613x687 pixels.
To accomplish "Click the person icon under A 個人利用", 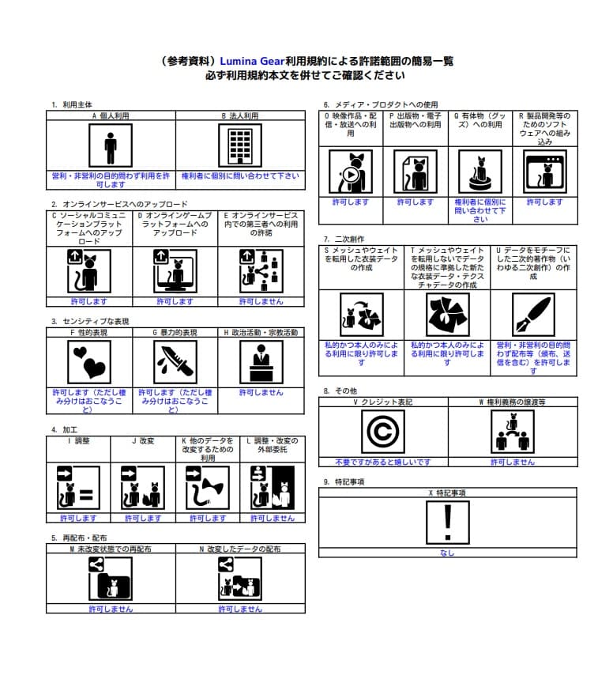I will pos(111,145).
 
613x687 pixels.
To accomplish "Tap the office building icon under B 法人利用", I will pos(239,145).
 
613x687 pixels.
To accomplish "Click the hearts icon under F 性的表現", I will pos(89,362).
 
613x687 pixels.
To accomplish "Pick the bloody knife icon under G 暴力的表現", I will pos(175,362).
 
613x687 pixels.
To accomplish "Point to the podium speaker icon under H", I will pos(261,362).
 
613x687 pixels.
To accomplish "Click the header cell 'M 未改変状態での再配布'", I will pos(111,548).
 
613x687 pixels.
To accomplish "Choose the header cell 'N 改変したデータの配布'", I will pos(239,548).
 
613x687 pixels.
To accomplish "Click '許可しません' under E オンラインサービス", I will pos(261,301).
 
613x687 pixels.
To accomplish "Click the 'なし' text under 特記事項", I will pos(447,553).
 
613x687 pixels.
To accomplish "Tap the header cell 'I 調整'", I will pos(78,440).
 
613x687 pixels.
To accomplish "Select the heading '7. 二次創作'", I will pos(345,239).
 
